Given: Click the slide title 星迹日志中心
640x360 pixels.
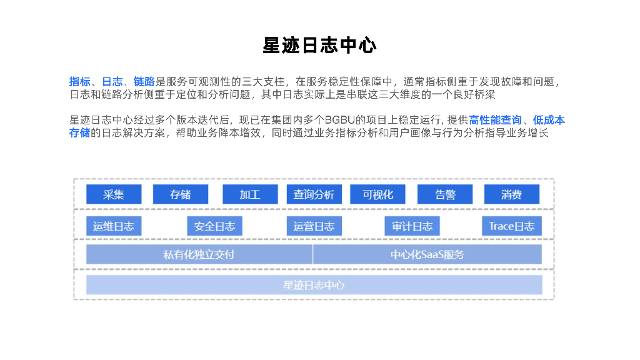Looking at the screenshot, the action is (319, 46).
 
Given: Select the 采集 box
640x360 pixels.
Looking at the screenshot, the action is (114, 194).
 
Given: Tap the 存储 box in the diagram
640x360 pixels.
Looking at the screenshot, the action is (180, 194).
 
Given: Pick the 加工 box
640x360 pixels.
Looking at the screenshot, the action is (249, 194).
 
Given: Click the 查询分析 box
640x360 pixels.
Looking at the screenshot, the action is (314, 194).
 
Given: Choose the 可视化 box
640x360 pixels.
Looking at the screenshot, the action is (377, 194).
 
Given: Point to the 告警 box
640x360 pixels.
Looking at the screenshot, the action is (445, 194).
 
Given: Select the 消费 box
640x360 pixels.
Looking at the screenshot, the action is (511, 194).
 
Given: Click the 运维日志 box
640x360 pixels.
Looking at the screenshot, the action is (114, 226).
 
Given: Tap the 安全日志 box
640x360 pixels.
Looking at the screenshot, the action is (214, 226).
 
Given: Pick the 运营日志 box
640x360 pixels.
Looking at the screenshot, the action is (314, 226).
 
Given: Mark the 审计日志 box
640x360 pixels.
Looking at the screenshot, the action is (412, 226).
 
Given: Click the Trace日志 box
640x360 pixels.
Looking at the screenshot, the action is (511, 226).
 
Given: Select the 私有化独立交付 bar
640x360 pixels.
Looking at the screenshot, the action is (199, 254).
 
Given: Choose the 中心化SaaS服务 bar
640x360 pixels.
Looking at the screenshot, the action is (427, 254).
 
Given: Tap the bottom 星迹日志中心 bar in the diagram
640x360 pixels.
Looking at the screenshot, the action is (314, 285).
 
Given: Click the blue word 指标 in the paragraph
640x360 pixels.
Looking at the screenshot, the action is (79, 82).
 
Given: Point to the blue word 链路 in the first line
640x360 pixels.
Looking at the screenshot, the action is (144, 82).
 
